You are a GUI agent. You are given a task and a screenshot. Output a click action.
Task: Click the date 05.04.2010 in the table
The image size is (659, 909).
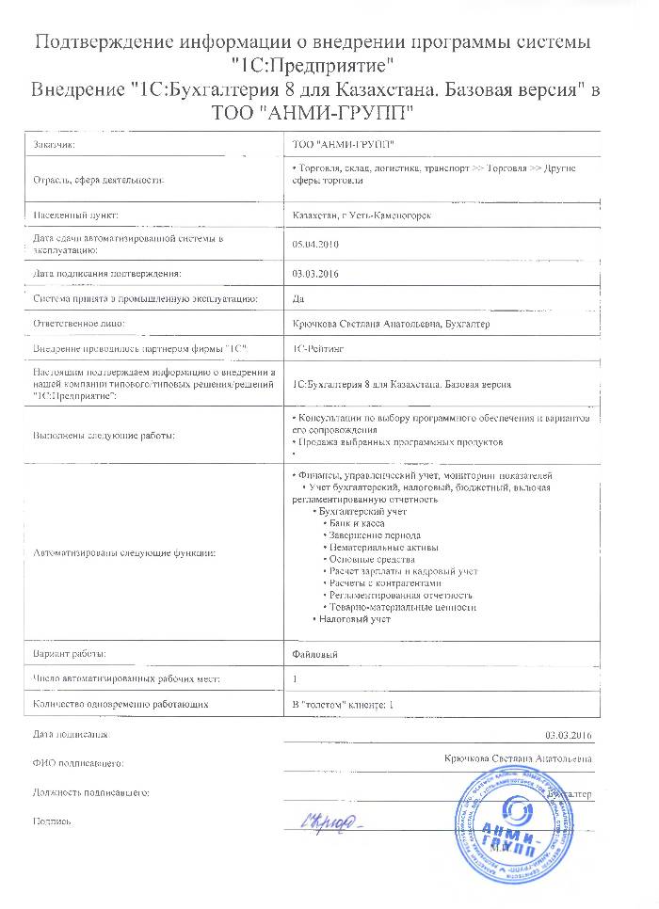315,244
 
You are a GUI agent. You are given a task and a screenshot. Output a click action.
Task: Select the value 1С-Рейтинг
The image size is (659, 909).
319,349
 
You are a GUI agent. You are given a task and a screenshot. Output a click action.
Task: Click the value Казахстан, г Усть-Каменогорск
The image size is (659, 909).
362,215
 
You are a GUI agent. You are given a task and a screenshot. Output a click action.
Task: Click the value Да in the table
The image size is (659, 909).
298,299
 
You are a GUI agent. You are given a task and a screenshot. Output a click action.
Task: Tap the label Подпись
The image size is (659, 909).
52,821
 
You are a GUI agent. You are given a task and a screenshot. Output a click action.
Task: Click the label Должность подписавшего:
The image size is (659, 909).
91,793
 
